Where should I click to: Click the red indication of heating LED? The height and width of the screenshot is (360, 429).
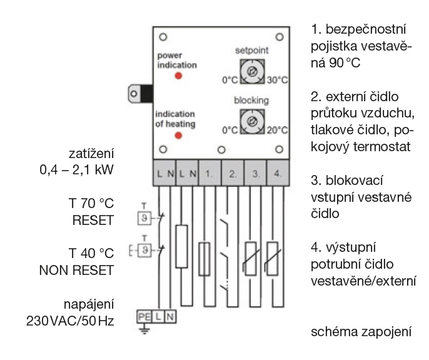(178, 135)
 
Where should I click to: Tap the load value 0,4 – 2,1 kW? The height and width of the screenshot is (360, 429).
(81, 170)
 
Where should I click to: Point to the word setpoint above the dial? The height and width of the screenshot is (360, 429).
(251, 50)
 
